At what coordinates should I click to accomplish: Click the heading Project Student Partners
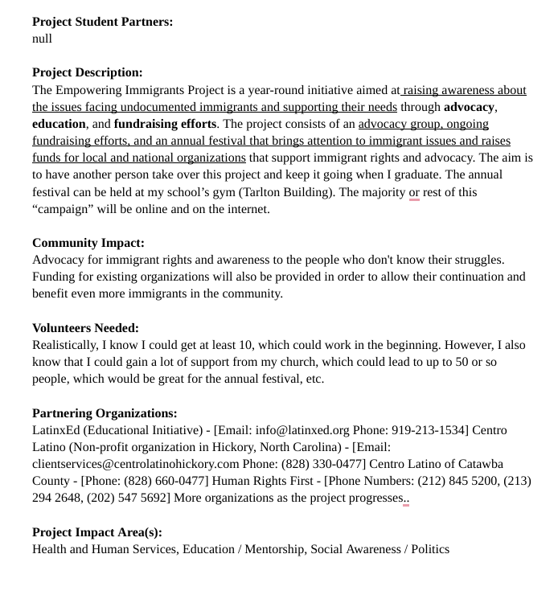pyautogui.click(x=102, y=22)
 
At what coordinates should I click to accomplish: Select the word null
pyautogui.click(x=42, y=39)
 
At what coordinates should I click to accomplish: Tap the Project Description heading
pyautogui.click(x=88, y=72)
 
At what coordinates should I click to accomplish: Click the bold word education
pyautogui.click(x=59, y=124)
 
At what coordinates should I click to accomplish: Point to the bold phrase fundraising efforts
pyautogui.click(x=165, y=124)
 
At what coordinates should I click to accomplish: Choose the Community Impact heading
pyautogui.click(x=88, y=243)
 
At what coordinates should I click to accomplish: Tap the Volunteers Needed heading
pyautogui.click(x=85, y=328)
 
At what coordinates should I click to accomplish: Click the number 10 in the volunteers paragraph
pyautogui.click(x=247, y=345)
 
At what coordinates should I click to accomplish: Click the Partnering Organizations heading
pyautogui.click(x=105, y=413)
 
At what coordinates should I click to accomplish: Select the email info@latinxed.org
pyautogui.click(x=302, y=430)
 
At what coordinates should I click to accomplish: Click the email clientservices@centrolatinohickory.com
pyautogui.click(x=136, y=464)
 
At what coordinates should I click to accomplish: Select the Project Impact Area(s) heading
pyautogui.click(x=97, y=532)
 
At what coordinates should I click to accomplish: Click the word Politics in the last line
pyautogui.click(x=426, y=549)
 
